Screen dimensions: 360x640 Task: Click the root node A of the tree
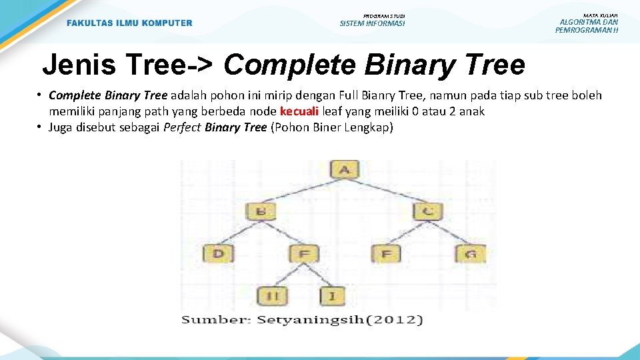[x=344, y=169]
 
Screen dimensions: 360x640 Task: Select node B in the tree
[x=261, y=212]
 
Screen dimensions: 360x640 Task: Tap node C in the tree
[x=427, y=212]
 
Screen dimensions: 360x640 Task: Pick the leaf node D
[x=218, y=253]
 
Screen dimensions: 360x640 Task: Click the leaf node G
[x=471, y=253]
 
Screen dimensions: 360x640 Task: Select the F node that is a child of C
[x=387, y=253]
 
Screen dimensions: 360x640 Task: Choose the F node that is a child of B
[x=304, y=253]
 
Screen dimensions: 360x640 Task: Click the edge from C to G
[x=449, y=233]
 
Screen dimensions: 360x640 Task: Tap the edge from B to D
[x=240, y=233]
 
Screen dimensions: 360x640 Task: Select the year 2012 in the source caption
[x=399, y=320]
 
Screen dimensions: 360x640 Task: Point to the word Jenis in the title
[x=73, y=65]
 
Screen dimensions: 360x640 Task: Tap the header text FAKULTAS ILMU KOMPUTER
[x=129, y=23]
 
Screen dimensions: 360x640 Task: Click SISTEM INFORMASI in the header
[x=372, y=23]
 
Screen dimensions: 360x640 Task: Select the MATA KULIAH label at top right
[x=600, y=15]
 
